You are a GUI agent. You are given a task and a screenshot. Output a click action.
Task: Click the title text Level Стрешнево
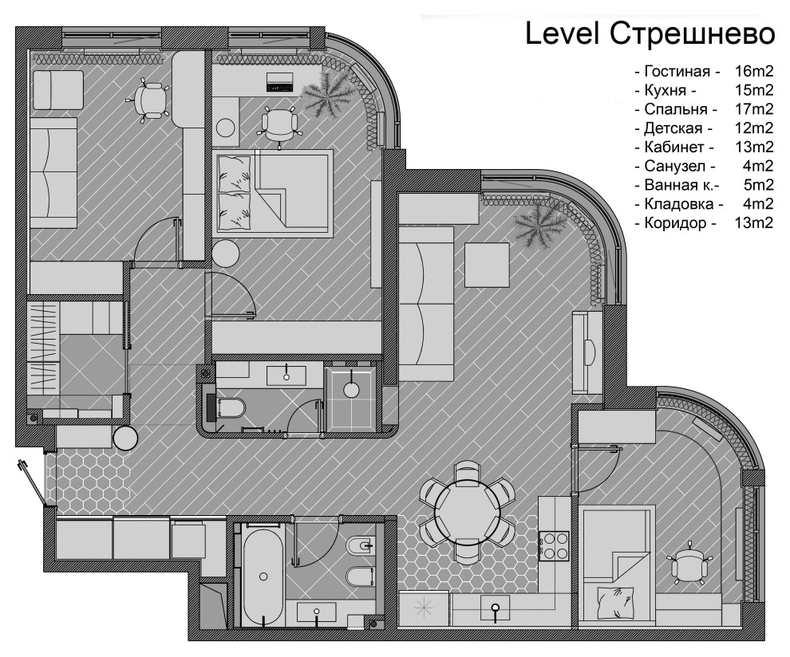tap(650, 34)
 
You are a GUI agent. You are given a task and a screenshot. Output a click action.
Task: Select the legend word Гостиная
tap(677, 72)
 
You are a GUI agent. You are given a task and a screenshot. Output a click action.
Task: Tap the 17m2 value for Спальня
tap(754, 108)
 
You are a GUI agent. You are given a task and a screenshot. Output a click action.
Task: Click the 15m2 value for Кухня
tap(754, 90)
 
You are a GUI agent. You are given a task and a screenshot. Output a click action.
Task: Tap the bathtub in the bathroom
tap(263, 574)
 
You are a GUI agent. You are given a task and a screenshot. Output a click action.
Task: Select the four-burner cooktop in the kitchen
tap(554, 545)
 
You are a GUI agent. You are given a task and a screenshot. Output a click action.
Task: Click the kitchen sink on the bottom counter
tap(496, 608)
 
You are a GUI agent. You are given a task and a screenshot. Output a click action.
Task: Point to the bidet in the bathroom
tap(361, 545)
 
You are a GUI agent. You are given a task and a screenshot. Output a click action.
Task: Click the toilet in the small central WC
tap(231, 407)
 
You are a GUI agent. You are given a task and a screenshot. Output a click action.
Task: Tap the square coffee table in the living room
tap(487, 266)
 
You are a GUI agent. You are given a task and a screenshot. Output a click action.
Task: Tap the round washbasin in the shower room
tap(351, 389)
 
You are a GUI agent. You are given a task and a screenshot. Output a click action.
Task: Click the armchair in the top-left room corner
tap(58, 89)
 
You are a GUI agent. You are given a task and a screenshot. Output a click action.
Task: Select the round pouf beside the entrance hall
tap(125, 438)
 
